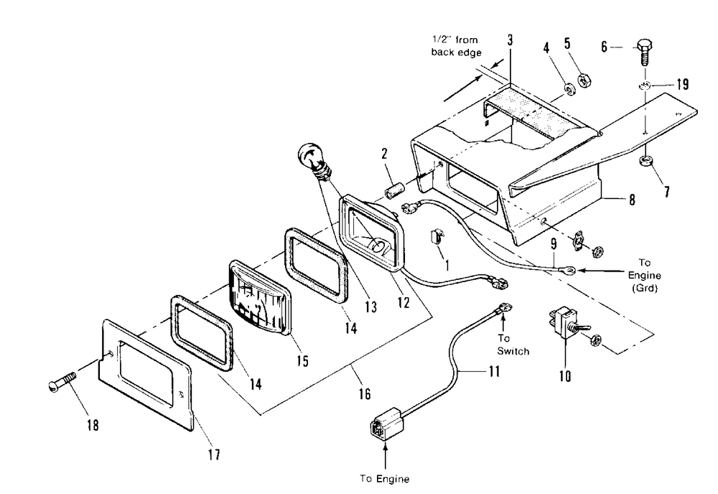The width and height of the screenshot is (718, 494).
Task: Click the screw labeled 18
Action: click(62, 382)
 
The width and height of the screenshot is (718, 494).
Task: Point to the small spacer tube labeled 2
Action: click(393, 191)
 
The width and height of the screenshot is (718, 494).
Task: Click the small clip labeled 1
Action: click(437, 236)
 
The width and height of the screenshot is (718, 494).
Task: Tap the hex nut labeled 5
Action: click(584, 80)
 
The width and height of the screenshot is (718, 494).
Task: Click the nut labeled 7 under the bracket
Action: click(645, 161)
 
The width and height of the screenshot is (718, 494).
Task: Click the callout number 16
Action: click(365, 393)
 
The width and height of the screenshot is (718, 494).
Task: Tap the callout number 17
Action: click(214, 454)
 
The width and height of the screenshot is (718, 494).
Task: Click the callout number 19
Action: click(682, 84)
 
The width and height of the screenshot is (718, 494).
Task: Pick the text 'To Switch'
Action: click(513, 345)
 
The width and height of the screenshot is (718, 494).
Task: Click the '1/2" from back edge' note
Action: click(456, 46)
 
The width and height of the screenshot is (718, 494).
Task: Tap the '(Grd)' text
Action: click(644, 289)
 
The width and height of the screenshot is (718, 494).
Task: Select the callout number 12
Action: click(403, 302)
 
